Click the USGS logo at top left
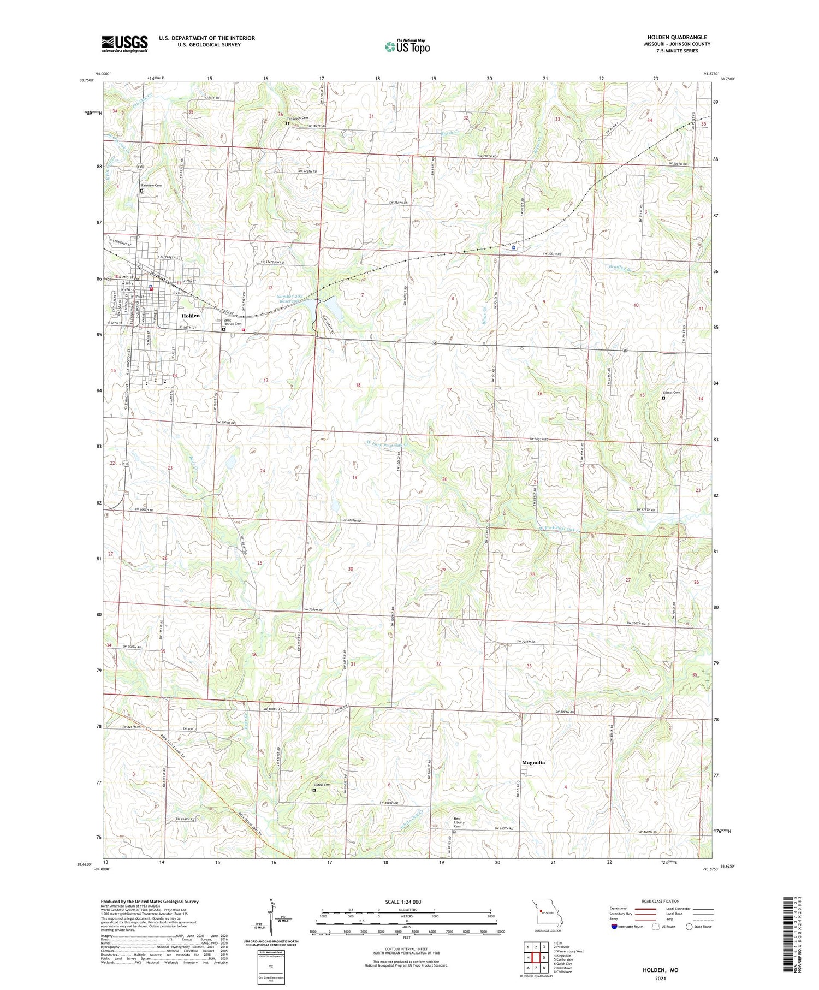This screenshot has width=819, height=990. coord(124,44)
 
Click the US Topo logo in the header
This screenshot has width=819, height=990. coord(407,47)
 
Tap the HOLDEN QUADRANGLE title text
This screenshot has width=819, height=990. coord(676,37)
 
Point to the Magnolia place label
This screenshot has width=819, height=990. coord(533,762)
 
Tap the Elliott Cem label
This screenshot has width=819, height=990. coord(672,392)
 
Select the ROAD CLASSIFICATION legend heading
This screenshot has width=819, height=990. coord(661,901)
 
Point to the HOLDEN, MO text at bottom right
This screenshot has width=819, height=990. coord(660,970)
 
